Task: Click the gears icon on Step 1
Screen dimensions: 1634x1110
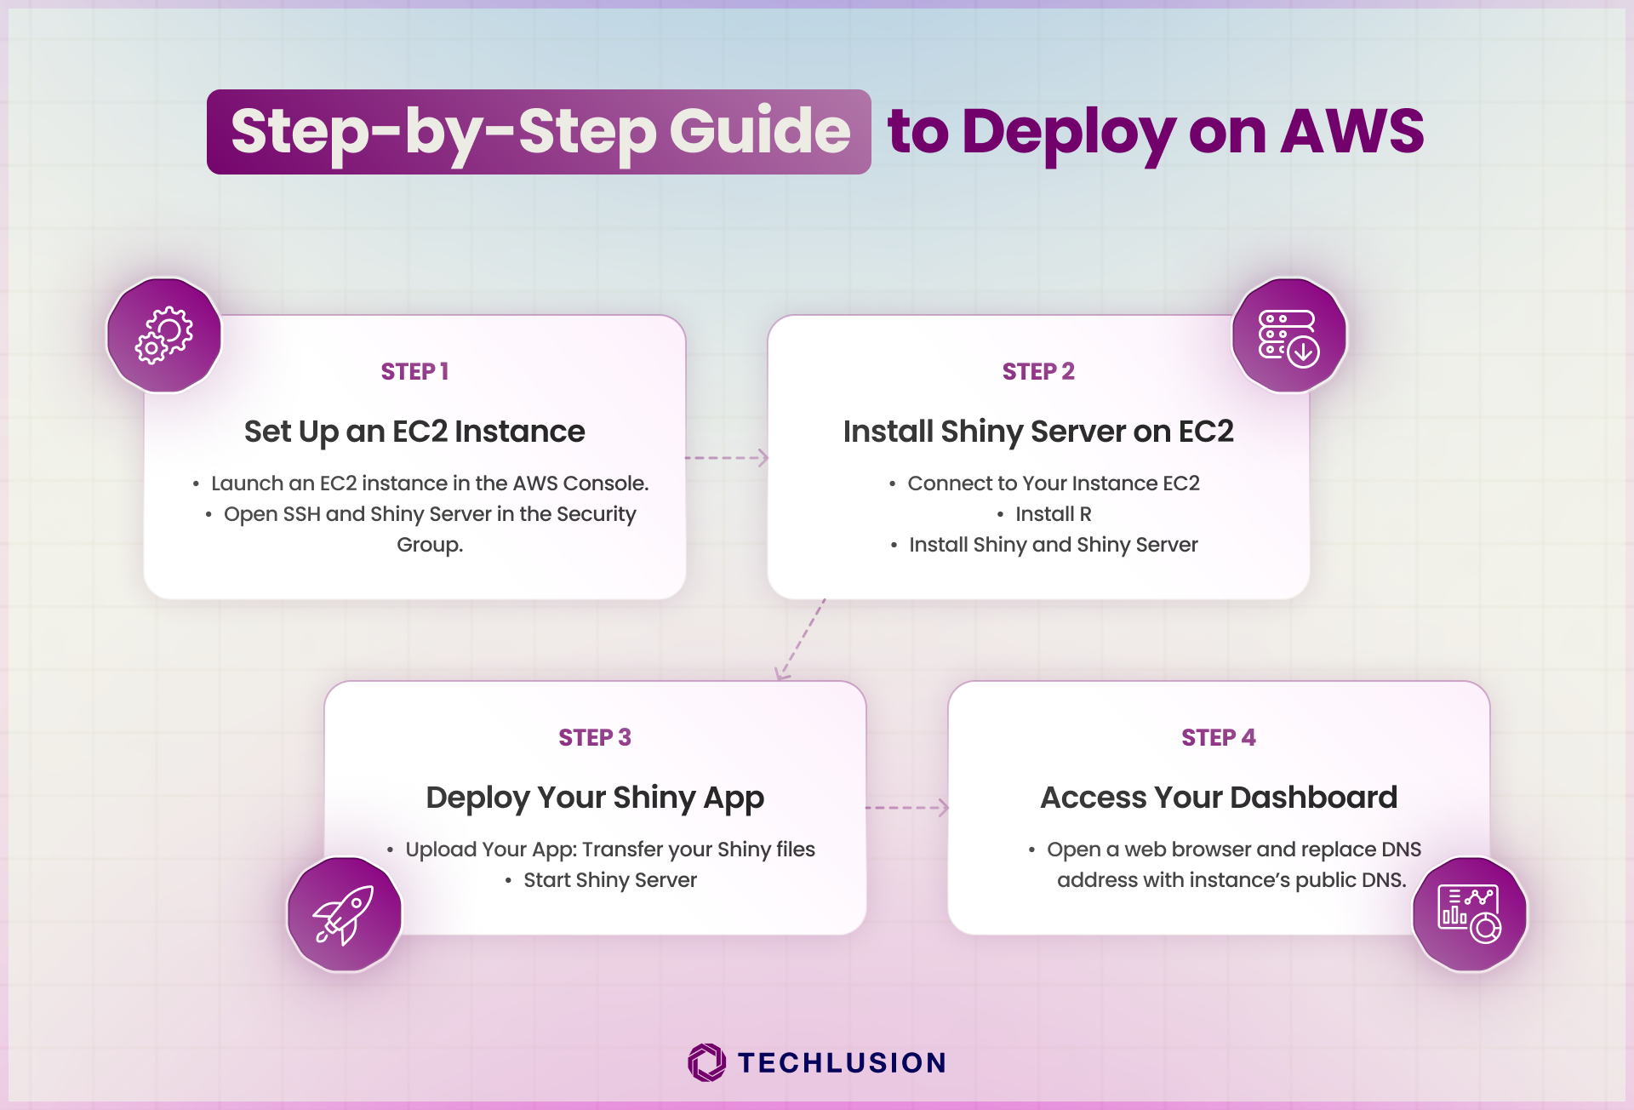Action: [164, 335]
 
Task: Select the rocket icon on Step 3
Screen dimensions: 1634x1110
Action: [344, 915]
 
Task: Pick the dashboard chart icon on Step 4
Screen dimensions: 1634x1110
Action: [1470, 914]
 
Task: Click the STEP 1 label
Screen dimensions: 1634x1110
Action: [414, 371]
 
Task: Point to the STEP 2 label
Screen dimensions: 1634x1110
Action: [1038, 371]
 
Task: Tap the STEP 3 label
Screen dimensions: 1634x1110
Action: [595, 737]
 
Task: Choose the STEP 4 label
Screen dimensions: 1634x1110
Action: [1219, 737]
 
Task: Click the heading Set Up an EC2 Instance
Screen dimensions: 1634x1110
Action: [414, 432]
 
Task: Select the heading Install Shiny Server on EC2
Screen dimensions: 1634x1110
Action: [1038, 432]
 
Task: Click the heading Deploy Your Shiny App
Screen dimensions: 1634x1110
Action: [595, 798]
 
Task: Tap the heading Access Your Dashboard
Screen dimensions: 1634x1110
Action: [1219, 798]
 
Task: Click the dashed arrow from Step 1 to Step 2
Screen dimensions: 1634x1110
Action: [727, 458]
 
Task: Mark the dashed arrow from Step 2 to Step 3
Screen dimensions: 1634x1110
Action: [800, 639]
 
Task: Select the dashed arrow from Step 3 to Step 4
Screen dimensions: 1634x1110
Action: [907, 807]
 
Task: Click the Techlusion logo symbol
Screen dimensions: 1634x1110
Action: [707, 1062]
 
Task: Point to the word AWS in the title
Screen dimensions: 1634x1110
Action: [1352, 131]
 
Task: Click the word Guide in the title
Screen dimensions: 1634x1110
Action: [760, 131]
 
